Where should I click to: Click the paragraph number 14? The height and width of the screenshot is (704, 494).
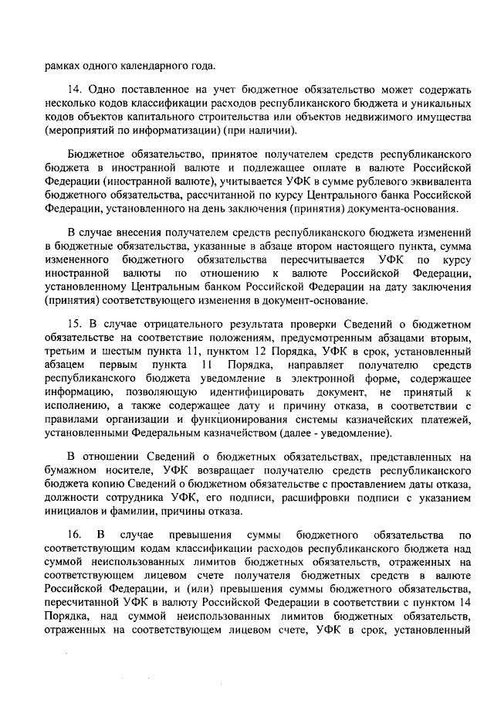coord(74,90)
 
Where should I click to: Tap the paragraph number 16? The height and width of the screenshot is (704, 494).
coord(74,536)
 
